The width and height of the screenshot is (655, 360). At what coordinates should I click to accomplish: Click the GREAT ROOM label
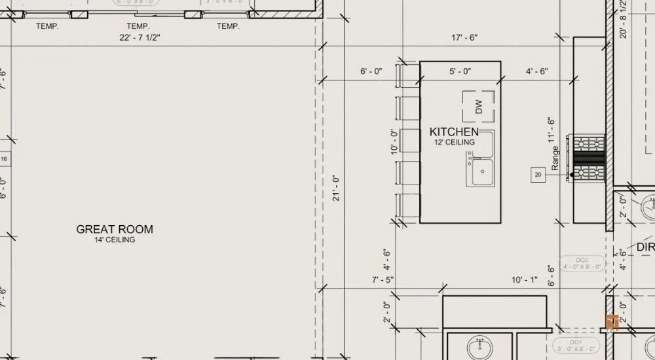115,229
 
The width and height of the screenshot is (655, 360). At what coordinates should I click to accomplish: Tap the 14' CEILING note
115,240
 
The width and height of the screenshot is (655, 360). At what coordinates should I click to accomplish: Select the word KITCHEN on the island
454,132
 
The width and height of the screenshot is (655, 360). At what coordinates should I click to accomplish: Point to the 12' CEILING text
454,142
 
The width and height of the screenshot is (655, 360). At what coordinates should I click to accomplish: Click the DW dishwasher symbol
478,107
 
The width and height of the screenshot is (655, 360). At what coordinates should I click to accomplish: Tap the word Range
555,158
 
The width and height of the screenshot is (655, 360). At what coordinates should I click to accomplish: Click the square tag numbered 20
538,175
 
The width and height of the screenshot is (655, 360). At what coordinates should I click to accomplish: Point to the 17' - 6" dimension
464,38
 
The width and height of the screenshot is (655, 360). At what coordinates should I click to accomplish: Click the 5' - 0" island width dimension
460,71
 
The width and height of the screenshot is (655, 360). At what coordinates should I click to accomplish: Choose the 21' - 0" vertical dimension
336,188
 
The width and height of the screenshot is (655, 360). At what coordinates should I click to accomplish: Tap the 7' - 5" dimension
383,280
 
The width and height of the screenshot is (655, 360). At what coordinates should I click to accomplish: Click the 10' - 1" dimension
525,280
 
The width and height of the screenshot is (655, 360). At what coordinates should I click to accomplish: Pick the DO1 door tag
576,346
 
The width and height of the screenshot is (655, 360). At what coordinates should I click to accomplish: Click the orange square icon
613,322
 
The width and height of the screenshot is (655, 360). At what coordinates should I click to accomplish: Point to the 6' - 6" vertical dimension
551,277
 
